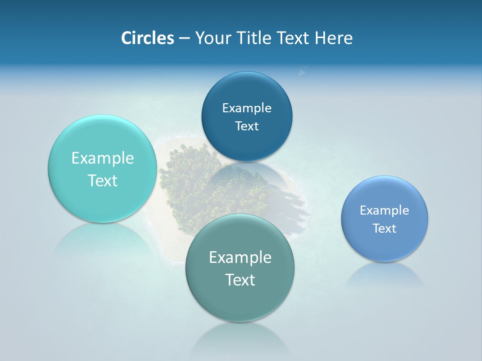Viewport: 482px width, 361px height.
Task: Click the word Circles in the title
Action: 147,38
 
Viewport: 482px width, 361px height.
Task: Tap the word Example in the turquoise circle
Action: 102,158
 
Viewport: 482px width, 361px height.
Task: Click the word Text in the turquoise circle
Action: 102,180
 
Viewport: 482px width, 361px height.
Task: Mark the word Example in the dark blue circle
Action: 247,108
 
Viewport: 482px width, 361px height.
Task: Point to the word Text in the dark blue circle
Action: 247,126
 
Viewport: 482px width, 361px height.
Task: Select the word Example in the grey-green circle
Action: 240,258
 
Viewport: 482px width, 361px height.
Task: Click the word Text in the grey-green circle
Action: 240,280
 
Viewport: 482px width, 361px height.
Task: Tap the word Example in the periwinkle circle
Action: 385,211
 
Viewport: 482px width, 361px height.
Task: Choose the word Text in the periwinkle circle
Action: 385,229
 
